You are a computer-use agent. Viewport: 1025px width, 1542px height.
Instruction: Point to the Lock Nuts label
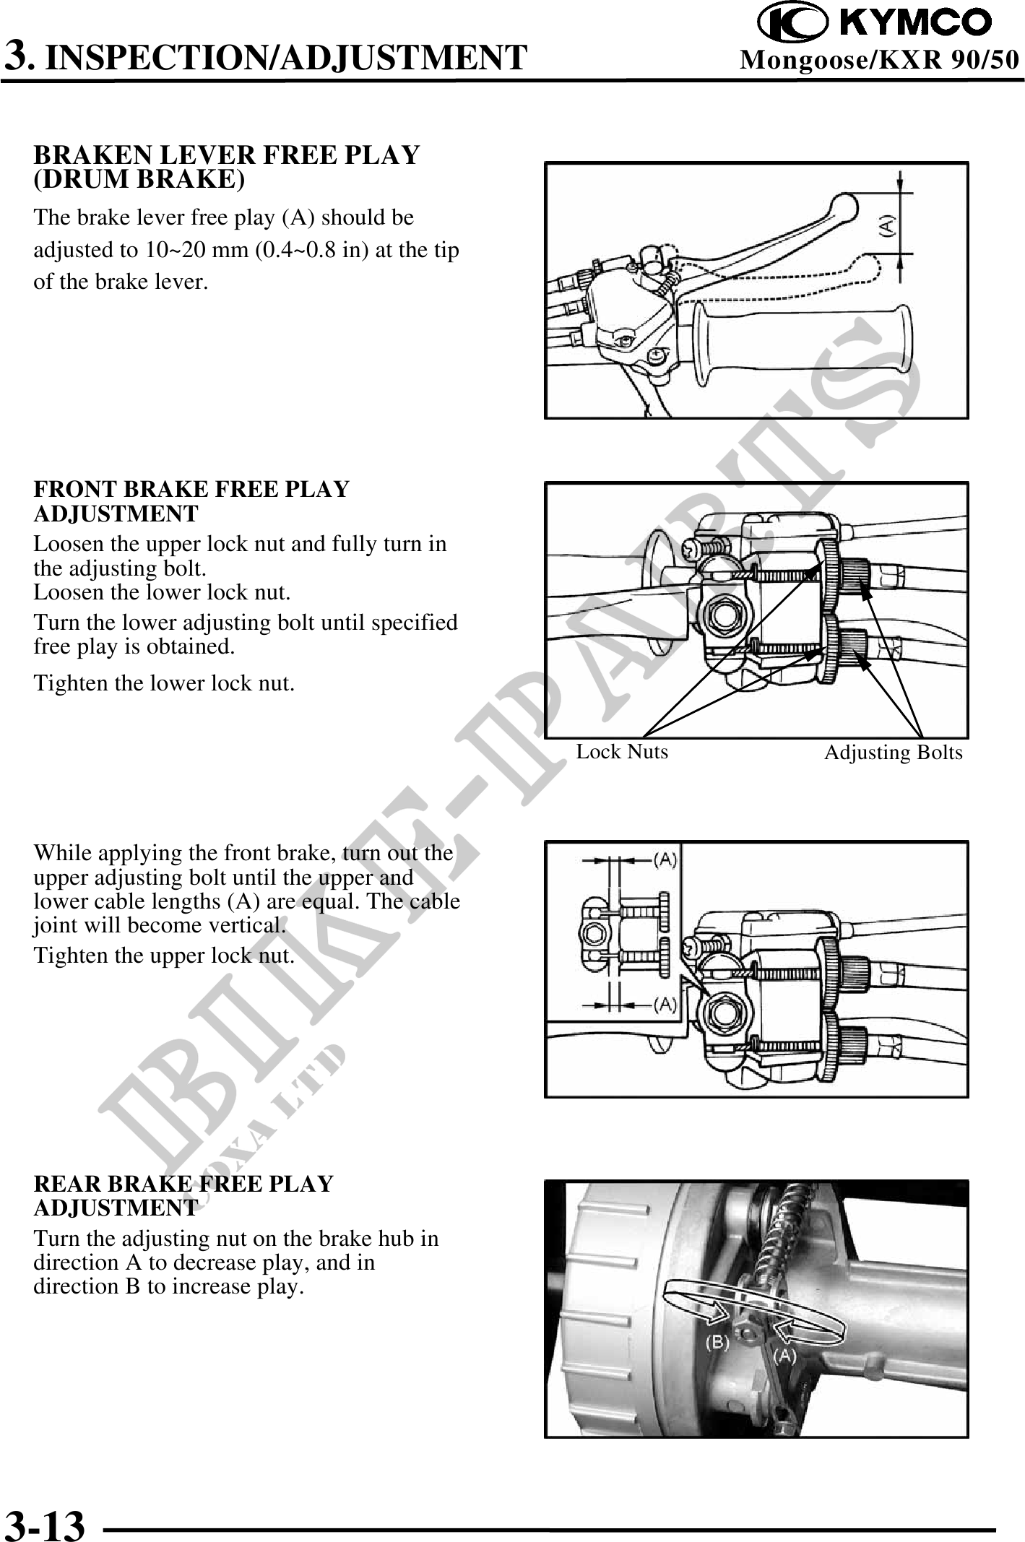click(x=622, y=752)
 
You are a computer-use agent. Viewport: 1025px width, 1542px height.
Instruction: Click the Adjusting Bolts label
click(x=893, y=753)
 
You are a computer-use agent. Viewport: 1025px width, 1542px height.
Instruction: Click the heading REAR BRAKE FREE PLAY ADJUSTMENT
click(x=183, y=1195)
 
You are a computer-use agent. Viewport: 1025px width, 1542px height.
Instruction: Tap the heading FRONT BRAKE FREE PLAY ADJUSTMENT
click(x=191, y=501)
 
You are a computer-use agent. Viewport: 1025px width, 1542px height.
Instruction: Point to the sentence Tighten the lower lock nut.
click(x=164, y=683)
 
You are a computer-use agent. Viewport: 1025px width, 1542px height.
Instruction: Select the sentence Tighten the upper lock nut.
click(x=164, y=956)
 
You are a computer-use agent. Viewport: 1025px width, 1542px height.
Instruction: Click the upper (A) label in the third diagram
click(x=665, y=859)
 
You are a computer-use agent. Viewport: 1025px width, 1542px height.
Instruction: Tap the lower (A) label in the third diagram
click(x=665, y=1004)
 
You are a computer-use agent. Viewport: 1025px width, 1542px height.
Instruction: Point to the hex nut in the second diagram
click(x=723, y=613)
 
